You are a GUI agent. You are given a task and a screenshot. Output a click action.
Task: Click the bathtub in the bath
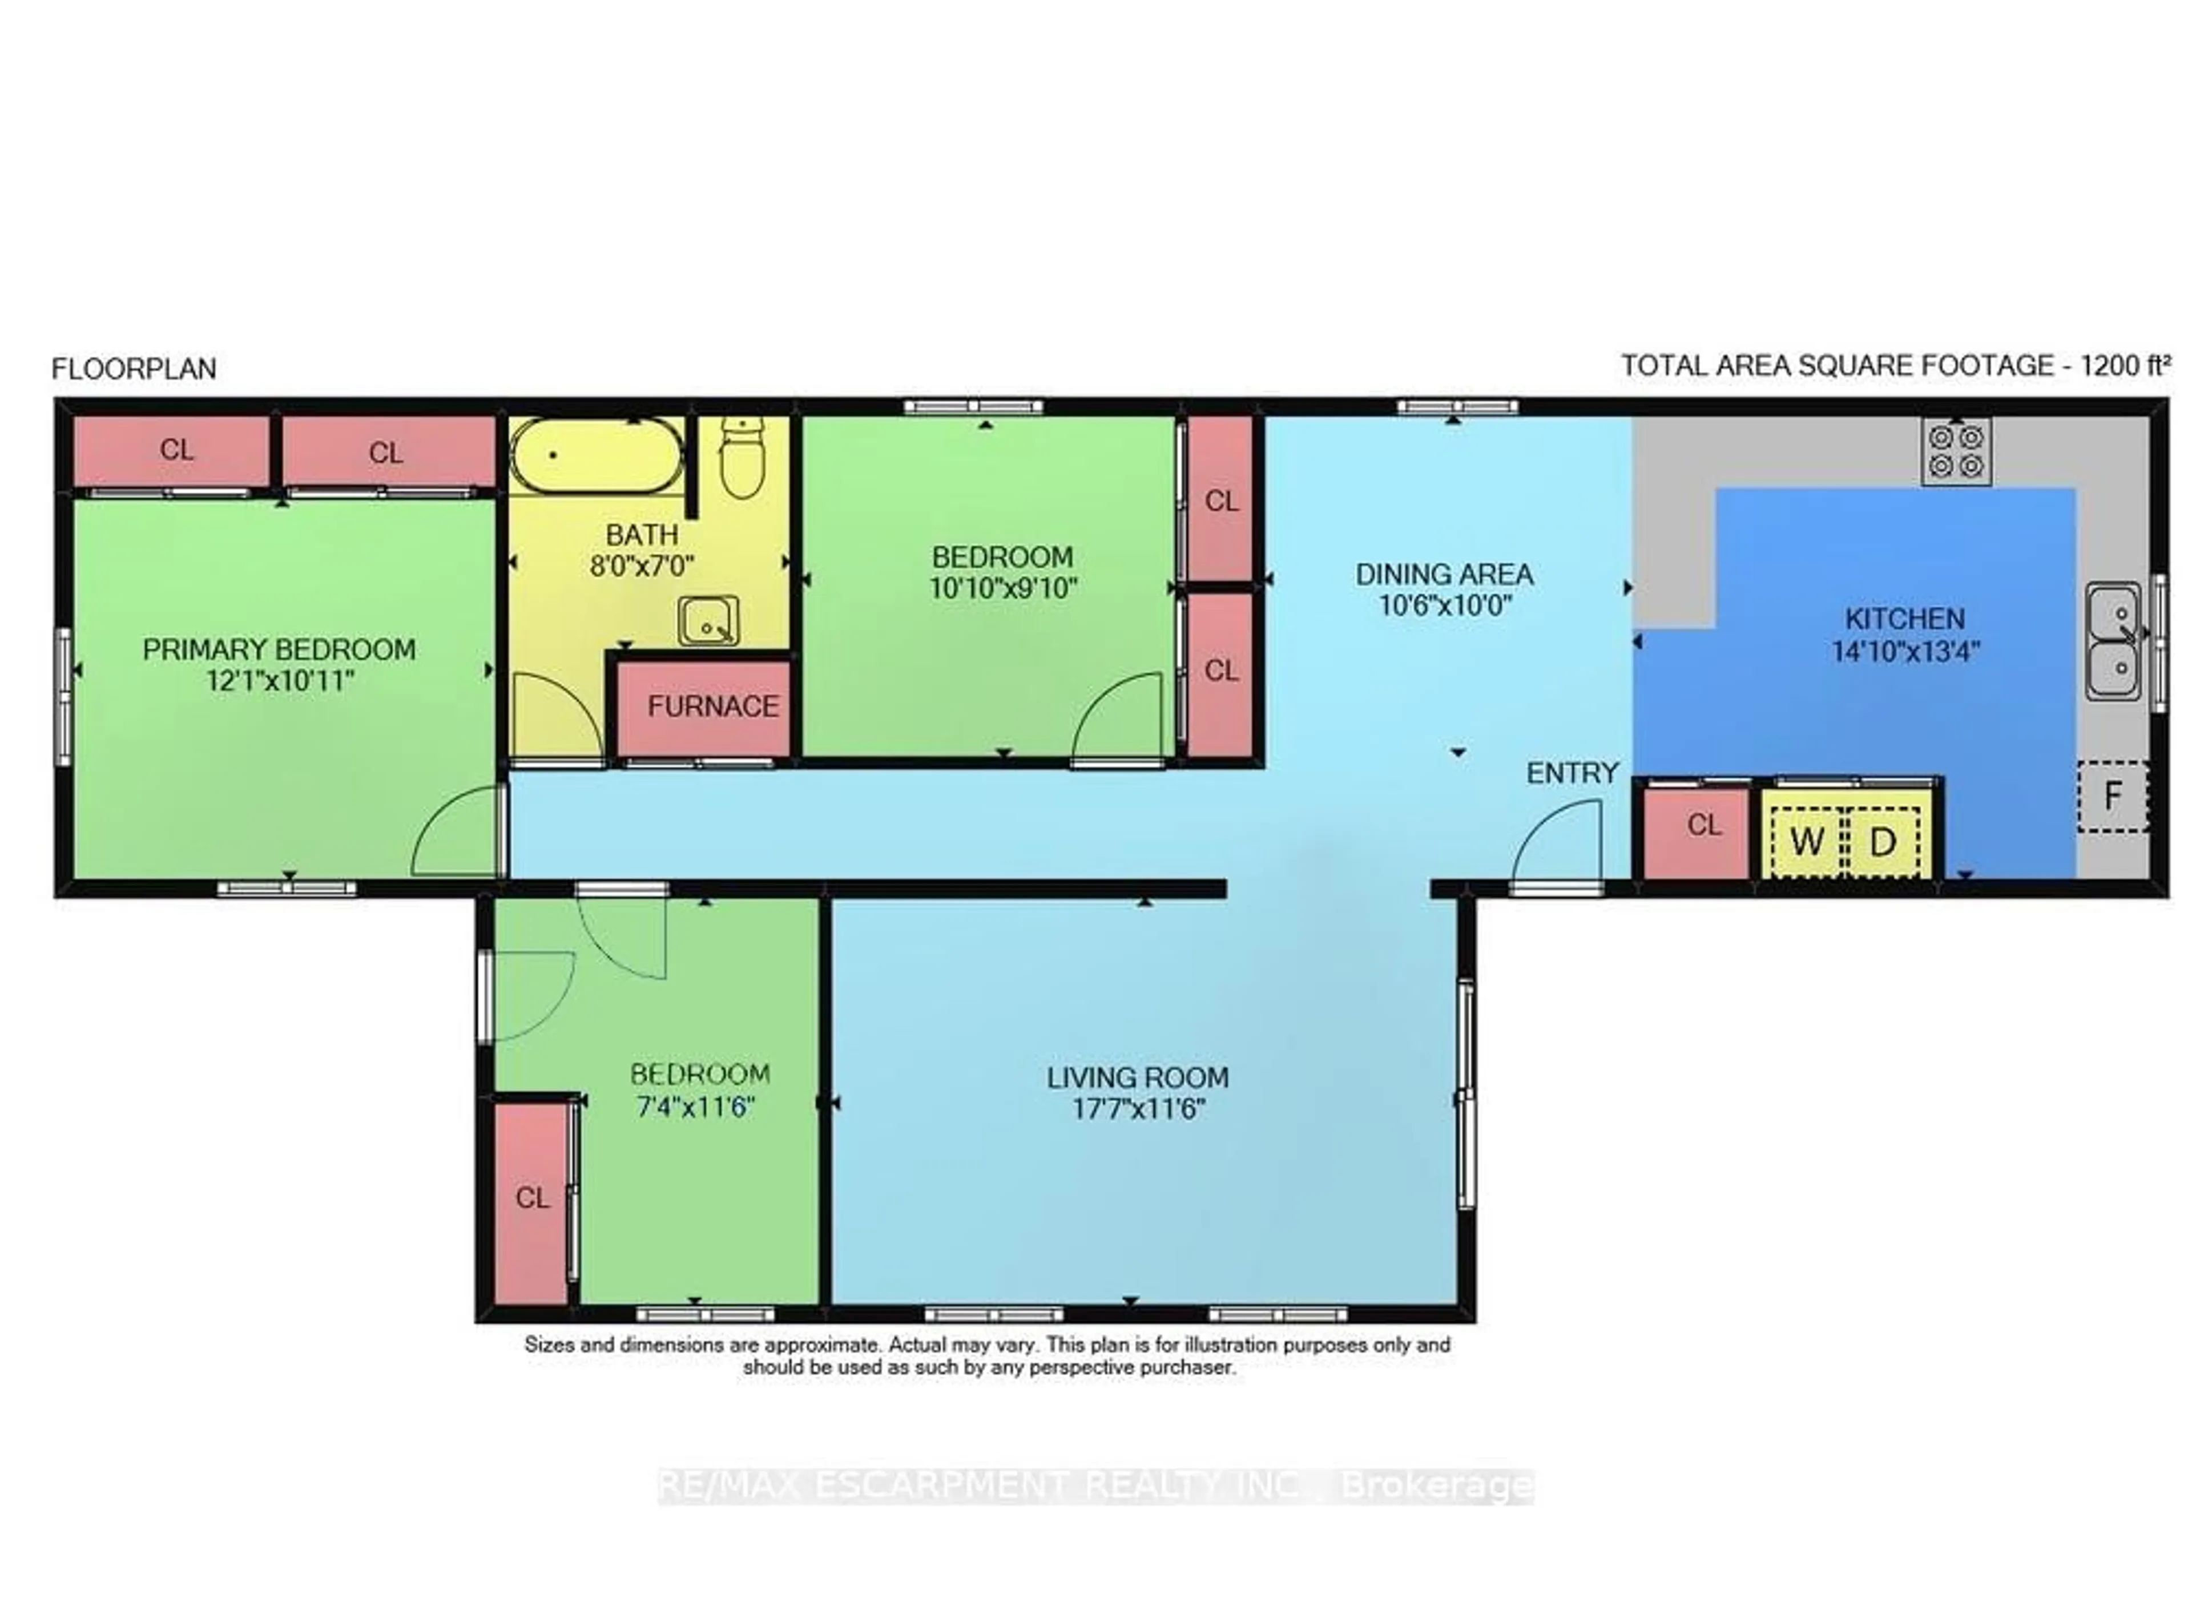click(597, 455)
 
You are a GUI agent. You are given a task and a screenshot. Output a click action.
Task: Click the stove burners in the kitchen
click(1956, 451)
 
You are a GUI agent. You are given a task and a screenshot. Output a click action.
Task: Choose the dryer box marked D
click(1882, 841)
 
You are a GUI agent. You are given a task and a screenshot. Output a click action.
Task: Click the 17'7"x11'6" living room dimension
click(1138, 1109)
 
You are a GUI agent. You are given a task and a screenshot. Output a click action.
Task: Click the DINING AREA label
click(1444, 575)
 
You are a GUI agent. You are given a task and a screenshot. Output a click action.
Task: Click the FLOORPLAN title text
click(134, 369)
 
